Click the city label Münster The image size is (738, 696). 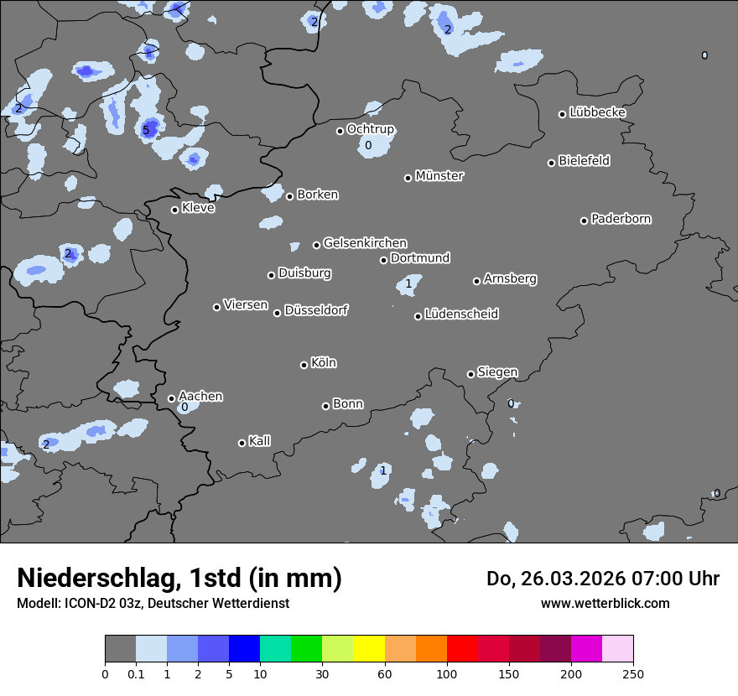439,176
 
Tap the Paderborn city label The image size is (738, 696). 621,219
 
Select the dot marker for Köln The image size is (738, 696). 304,365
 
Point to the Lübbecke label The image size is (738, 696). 597,112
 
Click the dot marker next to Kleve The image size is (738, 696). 174,210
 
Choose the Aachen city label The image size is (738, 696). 200,396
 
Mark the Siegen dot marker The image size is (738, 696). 470,374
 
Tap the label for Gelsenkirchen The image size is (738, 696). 365,243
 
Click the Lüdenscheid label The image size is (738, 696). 461,314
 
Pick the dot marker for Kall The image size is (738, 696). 242,443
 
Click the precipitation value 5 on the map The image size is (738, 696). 145,130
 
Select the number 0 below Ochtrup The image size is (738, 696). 368,145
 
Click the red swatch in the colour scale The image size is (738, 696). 462,649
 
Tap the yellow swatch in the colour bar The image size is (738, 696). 369,649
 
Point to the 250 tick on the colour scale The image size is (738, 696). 633,673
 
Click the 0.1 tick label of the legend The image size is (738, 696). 136,673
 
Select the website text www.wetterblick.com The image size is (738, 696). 605,603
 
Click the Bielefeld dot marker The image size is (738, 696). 551,163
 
